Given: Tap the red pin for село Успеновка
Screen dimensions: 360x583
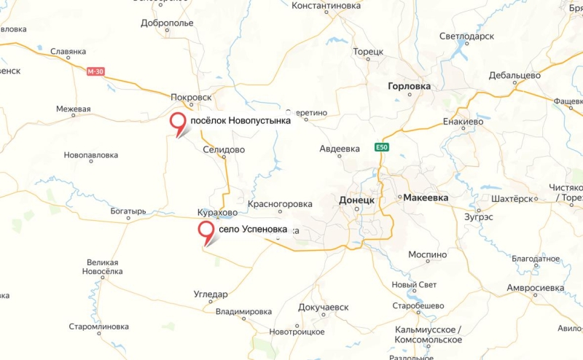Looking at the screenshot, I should click(207, 231).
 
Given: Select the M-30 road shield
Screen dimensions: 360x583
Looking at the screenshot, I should click(95, 71).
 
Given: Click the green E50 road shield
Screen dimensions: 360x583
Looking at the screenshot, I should click(382, 147).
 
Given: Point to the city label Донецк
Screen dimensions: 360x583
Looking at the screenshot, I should click(357, 200).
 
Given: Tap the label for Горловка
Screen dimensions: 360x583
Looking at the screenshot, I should click(408, 86).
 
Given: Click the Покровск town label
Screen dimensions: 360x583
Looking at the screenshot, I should click(190, 96).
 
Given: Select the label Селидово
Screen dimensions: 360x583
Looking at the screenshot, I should click(224, 149).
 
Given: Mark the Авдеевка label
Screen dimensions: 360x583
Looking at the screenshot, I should click(340, 149).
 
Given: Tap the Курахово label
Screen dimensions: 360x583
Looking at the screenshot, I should click(217, 212).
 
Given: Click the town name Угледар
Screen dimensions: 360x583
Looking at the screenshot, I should click(211, 294).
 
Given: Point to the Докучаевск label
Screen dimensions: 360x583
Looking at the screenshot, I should click(324, 308).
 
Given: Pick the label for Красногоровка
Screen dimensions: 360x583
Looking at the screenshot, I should click(280, 204).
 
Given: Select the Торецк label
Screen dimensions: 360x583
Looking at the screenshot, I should click(367, 52).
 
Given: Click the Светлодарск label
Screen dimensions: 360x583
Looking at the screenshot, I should click(466, 36).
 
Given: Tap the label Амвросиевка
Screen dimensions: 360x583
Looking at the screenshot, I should click(536, 288).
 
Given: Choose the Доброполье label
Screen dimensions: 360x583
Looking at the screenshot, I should click(168, 23).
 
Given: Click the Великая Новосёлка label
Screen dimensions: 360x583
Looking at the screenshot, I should click(102, 267).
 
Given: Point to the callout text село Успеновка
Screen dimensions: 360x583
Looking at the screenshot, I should click(253, 230).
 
